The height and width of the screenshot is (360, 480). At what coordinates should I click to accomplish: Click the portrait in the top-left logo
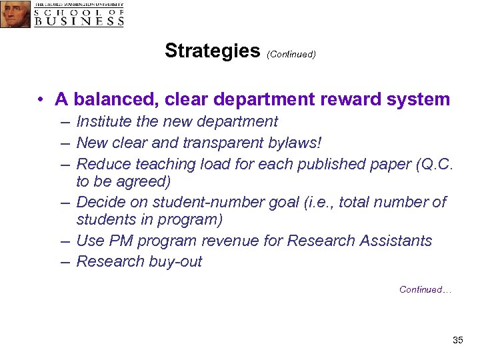click(15, 14)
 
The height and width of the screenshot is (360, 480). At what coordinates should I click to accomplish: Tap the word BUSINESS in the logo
click(79, 21)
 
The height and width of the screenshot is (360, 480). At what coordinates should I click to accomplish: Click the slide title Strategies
click(212, 51)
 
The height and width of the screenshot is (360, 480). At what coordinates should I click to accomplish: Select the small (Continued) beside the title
click(291, 54)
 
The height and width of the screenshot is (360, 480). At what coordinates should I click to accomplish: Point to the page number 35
click(457, 340)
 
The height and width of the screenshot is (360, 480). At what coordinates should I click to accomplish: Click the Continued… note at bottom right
click(425, 289)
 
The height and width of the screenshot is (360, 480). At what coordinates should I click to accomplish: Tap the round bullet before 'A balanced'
click(41, 100)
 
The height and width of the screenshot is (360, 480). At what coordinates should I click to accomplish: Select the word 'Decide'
click(100, 201)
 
